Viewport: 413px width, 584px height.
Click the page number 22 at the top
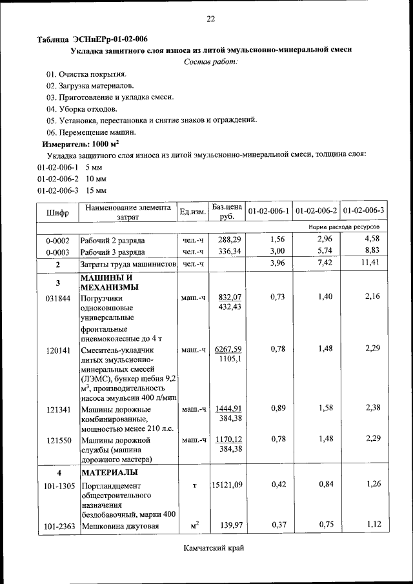coord(210,19)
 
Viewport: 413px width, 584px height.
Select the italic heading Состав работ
coord(210,62)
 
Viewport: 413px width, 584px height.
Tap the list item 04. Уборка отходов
coord(81,108)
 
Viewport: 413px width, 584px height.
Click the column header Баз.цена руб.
coord(227,212)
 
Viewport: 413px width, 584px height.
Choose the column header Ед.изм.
coord(192,212)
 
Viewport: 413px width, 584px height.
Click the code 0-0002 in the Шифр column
coord(57,240)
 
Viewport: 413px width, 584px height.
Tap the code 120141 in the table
coord(57,349)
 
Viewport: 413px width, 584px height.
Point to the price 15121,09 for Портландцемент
coord(227,485)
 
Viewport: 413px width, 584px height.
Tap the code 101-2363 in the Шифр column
coord(57,527)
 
